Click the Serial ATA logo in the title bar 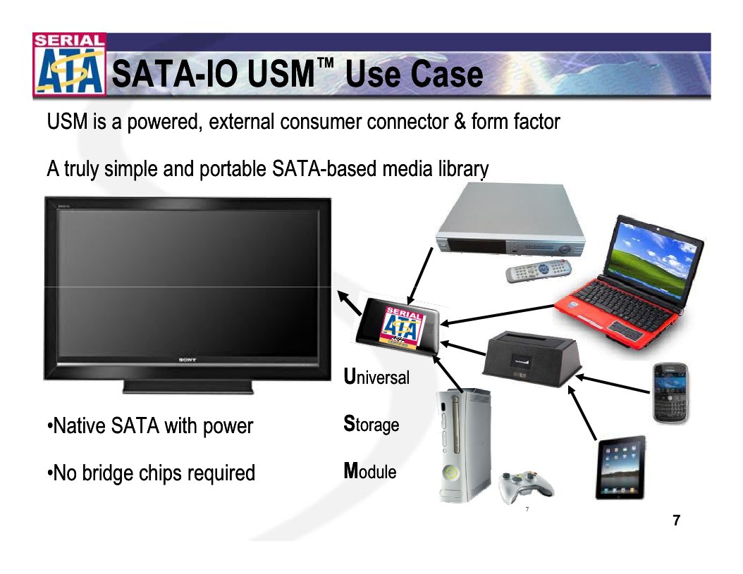[68, 65]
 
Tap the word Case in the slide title [447, 75]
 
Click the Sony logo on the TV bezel [187, 359]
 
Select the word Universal [376, 377]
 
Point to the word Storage [371, 425]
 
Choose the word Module [370, 471]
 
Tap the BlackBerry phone [670, 393]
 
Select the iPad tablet [620, 467]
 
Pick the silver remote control [538, 271]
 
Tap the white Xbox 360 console [462, 444]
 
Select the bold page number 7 [677, 520]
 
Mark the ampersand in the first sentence [460, 122]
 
